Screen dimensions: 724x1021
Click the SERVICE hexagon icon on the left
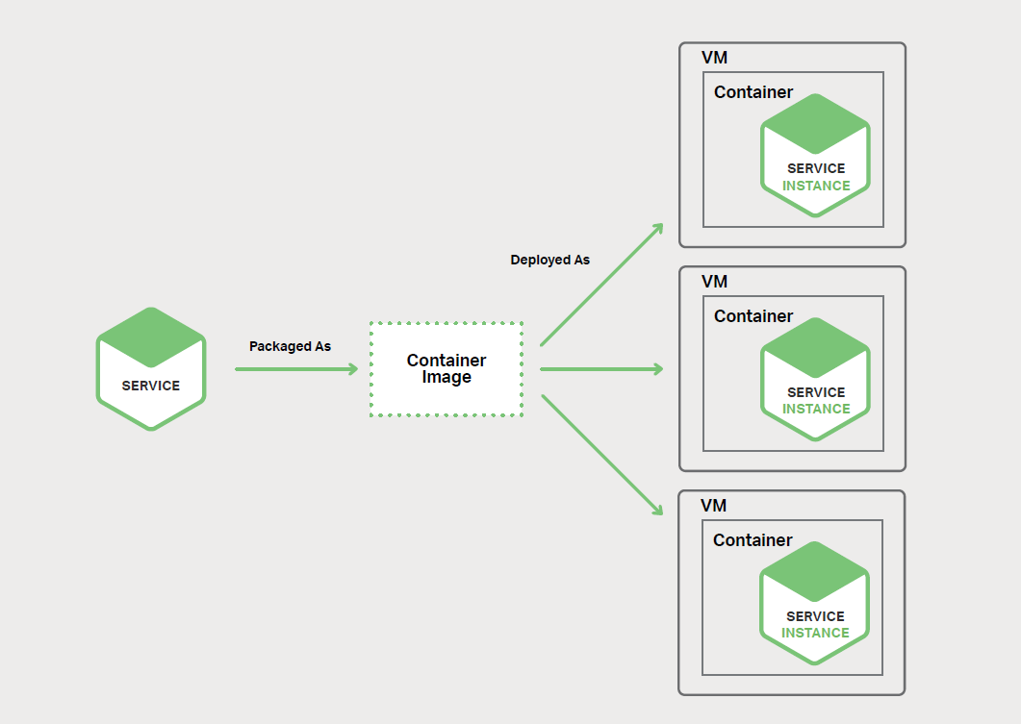point(151,368)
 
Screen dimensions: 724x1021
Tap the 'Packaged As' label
point(290,346)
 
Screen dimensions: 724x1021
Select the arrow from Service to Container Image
point(295,369)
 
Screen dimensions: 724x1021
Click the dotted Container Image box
point(447,369)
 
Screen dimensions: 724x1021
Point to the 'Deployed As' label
point(549,260)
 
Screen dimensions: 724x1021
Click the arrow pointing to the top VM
point(602,284)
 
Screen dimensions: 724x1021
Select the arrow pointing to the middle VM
point(601,369)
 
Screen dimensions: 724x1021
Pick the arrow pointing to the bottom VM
point(602,454)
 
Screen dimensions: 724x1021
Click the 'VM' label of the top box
point(714,58)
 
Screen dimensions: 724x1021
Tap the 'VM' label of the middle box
point(714,282)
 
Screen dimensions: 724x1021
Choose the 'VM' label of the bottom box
point(713,506)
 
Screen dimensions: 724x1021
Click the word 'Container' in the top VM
point(753,92)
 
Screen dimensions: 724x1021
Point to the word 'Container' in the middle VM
point(753,316)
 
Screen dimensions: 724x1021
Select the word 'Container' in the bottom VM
point(753,540)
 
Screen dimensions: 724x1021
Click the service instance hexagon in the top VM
point(815,155)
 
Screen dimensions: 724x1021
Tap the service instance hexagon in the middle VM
point(815,379)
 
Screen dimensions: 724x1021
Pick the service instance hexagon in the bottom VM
point(814,603)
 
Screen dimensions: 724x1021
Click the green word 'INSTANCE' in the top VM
point(816,186)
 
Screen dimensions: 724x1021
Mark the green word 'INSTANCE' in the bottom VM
point(815,633)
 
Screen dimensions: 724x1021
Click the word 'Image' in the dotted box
point(447,378)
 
